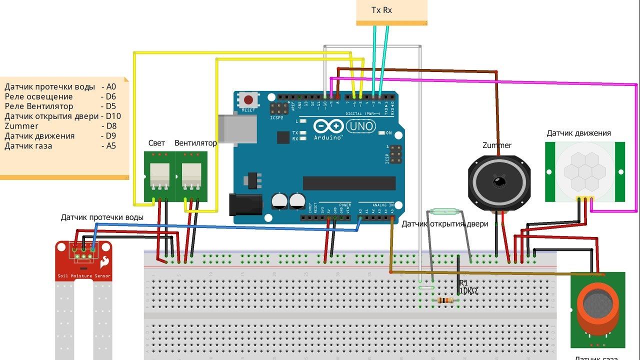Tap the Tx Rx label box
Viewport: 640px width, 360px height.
(381, 10)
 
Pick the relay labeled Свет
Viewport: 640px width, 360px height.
(159, 175)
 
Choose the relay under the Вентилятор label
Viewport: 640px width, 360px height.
(191, 175)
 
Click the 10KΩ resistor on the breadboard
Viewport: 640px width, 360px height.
(445, 300)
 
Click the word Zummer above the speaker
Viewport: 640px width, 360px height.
(496, 145)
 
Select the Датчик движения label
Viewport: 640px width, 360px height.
(578, 133)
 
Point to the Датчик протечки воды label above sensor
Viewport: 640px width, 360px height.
(102, 217)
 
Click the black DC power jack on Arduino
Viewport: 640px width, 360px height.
(245, 204)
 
